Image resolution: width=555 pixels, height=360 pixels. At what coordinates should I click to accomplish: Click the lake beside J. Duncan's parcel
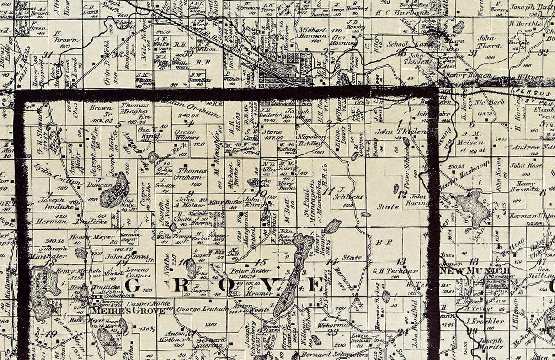pos(114,191)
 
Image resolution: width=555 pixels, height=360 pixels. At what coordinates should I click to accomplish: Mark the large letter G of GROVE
pos(133,286)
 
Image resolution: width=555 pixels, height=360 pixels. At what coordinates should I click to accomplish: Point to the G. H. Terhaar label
pos(395,271)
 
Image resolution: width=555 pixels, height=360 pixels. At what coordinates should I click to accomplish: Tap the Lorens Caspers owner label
pos(138,273)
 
